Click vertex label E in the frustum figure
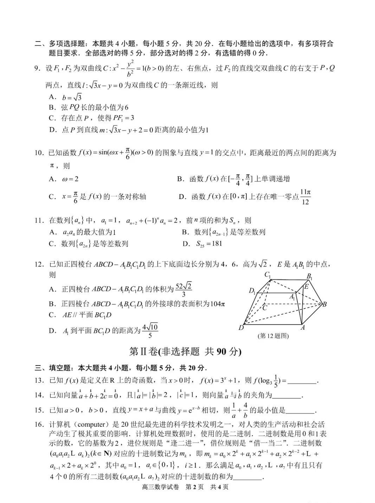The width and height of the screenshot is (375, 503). [306, 287]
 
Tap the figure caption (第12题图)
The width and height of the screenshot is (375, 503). [273, 336]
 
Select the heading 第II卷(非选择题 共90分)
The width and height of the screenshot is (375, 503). [186, 351]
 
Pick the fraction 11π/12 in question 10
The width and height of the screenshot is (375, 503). [305, 197]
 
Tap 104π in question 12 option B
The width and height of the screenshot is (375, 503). [217, 304]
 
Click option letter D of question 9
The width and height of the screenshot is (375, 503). [53, 130]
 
